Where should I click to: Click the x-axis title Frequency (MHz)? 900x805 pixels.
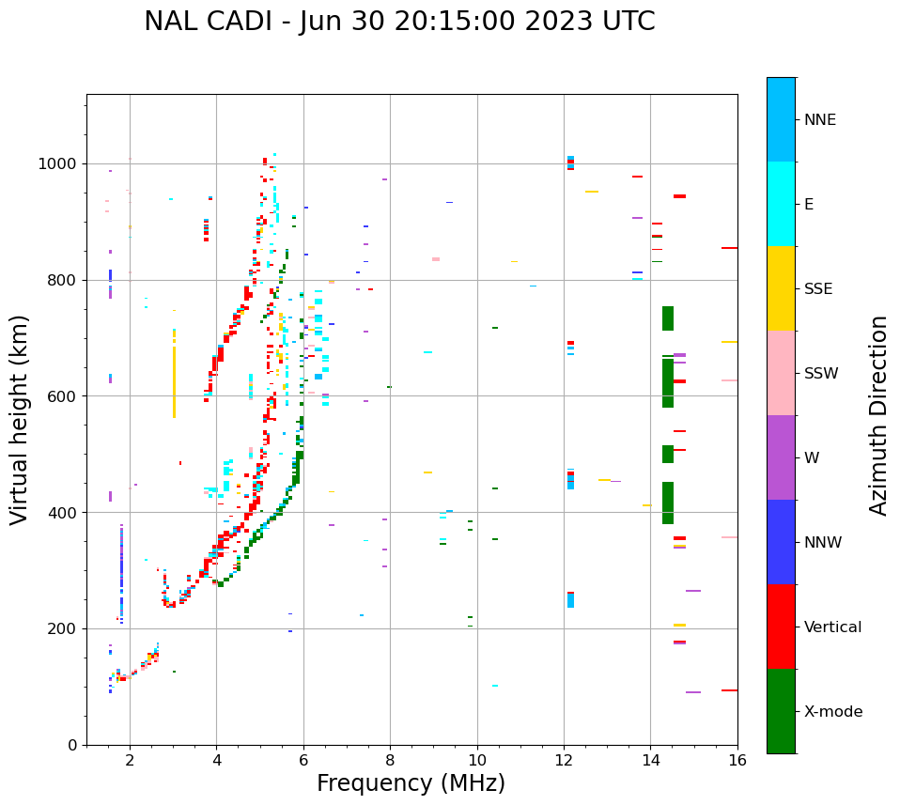(411, 783)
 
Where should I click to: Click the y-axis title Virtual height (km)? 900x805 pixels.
(20, 420)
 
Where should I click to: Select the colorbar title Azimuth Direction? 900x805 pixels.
(878, 415)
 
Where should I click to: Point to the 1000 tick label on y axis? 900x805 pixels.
(57, 164)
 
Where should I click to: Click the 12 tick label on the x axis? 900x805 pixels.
(564, 760)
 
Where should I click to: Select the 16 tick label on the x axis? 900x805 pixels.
(737, 760)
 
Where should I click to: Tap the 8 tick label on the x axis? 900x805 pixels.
(390, 760)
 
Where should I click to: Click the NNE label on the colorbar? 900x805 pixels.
(819, 120)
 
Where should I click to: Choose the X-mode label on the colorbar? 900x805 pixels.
(832, 712)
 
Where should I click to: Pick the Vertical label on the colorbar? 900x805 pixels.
(832, 627)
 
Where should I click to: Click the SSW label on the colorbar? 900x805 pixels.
(821, 374)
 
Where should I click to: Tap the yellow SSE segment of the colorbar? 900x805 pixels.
(781, 288)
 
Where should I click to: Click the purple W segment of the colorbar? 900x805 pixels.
(781, 457)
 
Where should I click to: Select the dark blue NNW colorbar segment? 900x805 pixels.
(781, 542)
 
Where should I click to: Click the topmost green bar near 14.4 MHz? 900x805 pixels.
(668, 318)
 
